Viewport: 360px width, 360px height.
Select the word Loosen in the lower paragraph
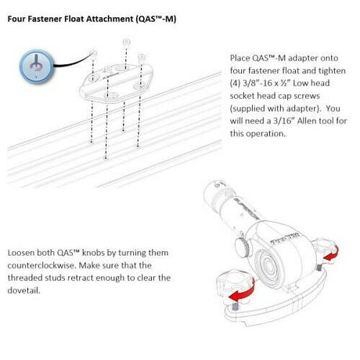[23, 254]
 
